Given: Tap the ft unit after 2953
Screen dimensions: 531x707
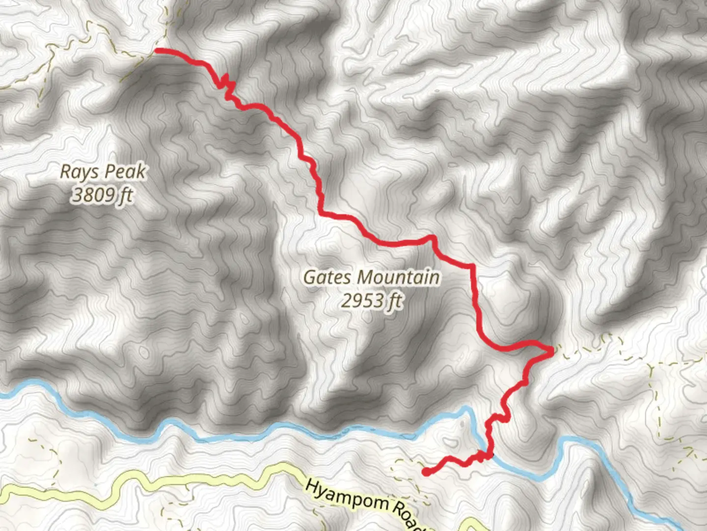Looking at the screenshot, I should point(395,300).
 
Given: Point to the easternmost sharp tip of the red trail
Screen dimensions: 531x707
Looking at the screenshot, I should point(552,350).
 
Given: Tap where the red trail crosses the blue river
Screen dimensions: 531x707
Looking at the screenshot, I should point(489,453).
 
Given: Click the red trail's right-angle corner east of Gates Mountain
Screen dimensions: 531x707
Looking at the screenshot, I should point(472,266).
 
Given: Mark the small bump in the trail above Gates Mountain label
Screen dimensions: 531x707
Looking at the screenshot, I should point(432,238).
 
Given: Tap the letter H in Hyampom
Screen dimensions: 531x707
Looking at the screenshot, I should point(311,486).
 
